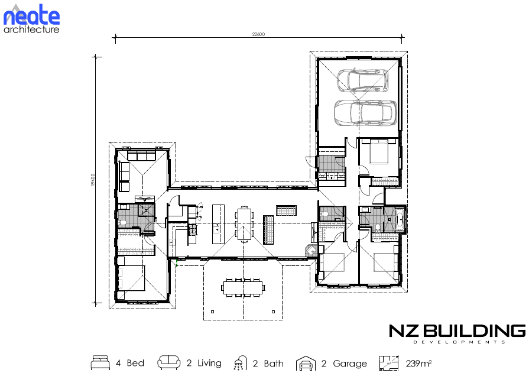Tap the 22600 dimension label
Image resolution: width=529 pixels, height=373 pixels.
pyautogui.click(x=258, y=34)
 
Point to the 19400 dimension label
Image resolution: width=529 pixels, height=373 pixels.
pyautogui.click(x=93, y=180)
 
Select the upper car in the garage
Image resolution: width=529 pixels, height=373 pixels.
pyautogui.click(x=363, y=80)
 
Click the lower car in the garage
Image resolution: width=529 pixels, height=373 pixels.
pyautogui.click(x=365, y=112)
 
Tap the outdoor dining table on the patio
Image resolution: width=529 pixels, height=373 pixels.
pyautogui.click(x=243, y=288)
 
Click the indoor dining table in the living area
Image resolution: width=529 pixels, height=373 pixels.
pyautogui.click(x=244, y=224)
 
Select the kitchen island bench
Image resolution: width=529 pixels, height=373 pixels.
pyautogui.click(x=218, y=224)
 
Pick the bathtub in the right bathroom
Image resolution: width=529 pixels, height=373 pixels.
pyautogui.click(x=400, y=219)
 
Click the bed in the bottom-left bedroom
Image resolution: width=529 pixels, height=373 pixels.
pyautogui.click(x=131, y=278)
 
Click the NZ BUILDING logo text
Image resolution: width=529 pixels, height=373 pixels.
pyautogui.click(x=457, y=331)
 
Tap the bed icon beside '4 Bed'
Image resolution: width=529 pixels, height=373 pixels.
pyautogui.click(x=100, y=362)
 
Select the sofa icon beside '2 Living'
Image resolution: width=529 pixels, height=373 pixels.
pyautogui.click(x=168, y=362)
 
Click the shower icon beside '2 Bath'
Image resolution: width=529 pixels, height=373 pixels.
pyautogui.click(x=239, y=363)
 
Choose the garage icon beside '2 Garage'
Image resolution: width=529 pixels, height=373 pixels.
pyautogui.click(x=306, y=363)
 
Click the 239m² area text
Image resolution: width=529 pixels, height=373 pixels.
pyautogui.click(x=418, y=363)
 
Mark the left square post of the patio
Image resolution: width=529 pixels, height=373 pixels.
pyautogui.click(x=213, y=312)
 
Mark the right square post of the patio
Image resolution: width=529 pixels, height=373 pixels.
pyautogui.click(x=273, y=312)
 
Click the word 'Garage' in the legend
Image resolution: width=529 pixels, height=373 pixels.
pyautogui.click(x=349, y=364)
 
